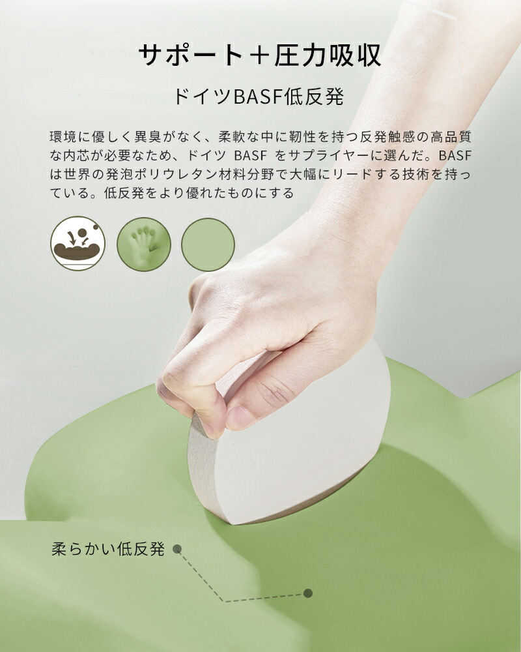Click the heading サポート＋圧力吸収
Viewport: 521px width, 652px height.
tap(260, 55)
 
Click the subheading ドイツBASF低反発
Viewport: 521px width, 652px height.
tap(259, 96)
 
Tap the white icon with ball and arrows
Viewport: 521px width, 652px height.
tap(77, 244)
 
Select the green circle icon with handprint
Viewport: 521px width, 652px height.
tap(144, 244)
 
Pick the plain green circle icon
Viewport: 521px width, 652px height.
tap(208, 245)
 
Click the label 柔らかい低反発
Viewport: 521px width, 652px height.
tap(108, 549)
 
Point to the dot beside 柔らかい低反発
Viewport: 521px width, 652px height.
tap(177, 549)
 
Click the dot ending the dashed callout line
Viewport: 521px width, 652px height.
tap(308, 593)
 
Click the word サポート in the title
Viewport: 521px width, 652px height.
tap(191, 55)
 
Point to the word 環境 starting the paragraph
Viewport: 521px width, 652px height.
tap(64, 136)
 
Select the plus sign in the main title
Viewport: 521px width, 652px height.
tap(259, 55)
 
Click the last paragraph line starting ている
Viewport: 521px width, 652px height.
tap(171, 193)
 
